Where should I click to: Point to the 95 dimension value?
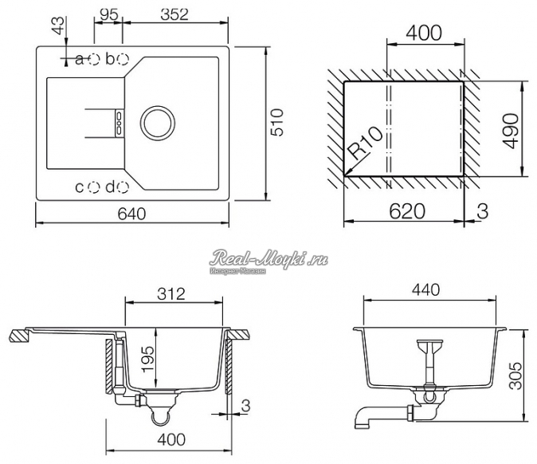(108, 14)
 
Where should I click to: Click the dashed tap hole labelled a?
(94, 58)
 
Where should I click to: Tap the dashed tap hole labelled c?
(94, 187)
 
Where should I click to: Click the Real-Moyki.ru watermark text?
(269, 258)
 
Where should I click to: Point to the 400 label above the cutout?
(424, 33)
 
